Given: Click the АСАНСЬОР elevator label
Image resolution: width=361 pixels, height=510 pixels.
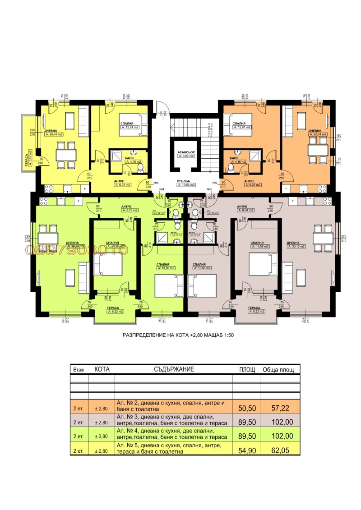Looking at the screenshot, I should click(186, 152).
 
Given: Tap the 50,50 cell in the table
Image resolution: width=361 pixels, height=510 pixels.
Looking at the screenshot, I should click(246, 408).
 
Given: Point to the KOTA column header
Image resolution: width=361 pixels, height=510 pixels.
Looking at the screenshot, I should click(102, 369).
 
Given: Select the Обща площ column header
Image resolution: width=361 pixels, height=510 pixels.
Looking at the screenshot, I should click(281, 370).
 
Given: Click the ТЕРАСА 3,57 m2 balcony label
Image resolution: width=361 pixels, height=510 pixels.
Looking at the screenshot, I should click(28, 158).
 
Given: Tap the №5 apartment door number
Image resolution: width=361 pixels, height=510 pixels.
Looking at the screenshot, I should click(156, 183).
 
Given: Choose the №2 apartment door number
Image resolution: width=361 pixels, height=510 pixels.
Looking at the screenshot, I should click(215, 183).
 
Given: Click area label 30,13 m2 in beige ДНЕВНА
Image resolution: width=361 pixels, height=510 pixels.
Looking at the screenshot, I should click(296, 247).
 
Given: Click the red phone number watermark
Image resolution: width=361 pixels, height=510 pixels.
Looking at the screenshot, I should click(77, 249).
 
